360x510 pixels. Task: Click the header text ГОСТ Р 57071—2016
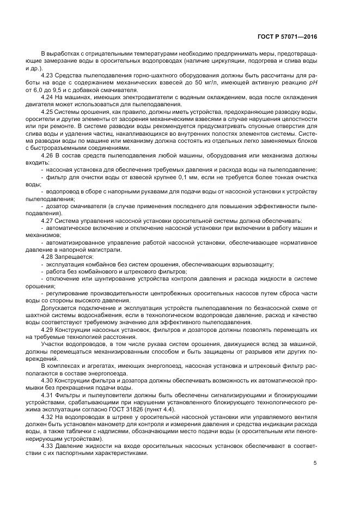pyautogui.click(x=287, y=37)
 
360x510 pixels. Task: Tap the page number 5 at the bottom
pyautogui.click(x=315, y=463)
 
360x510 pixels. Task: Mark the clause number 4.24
pyautogui.click(x=47, y=97)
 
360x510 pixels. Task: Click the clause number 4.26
pyautogui.click(x=47, y=155)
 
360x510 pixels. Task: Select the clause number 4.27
pyautogui.click(x=47, y=221)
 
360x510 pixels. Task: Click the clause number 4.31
pyautogui.click(x=47, y=393)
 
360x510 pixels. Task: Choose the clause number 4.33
pyautogui.click(x=47, y=445)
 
